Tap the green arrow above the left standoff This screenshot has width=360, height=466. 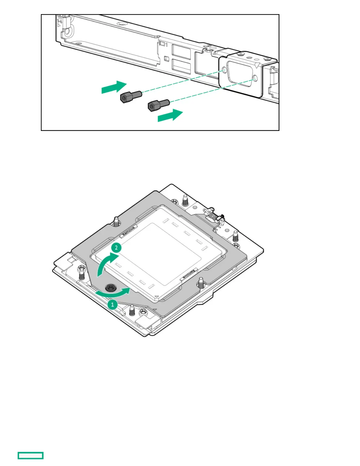point(114,87)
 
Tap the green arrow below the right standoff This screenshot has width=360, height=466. point(170,115)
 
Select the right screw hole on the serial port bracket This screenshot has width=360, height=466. point(255,79)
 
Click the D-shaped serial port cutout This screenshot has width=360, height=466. point(239,74)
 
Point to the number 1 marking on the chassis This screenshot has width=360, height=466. point(166,45)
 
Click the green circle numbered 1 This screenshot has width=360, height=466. point(112,304)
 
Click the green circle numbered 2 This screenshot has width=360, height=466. point(116,247)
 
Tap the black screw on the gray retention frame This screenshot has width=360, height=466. point(111,288)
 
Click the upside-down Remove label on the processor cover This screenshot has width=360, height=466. point(188,274)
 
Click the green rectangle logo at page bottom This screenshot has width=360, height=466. point(31,455)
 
